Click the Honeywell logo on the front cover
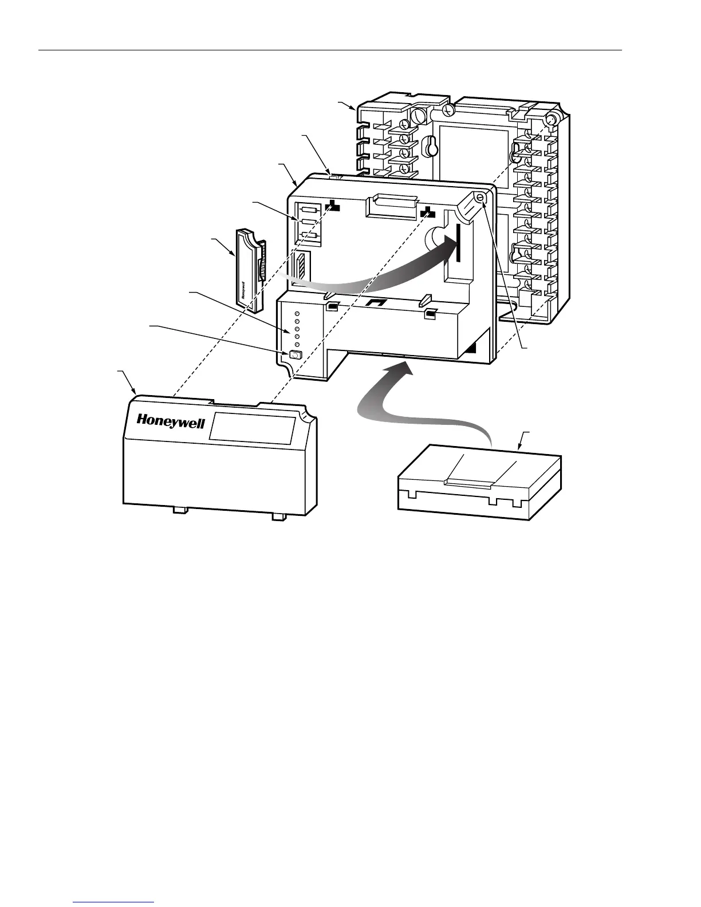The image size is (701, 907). (170, 421)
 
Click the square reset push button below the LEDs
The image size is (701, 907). (295, 356)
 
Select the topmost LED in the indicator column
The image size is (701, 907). (297, 314)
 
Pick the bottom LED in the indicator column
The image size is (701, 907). (297, 344)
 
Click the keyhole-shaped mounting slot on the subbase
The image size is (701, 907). (428, 146)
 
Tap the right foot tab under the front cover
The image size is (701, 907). (278, 516)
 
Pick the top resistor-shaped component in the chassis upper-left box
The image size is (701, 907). (308, 209)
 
